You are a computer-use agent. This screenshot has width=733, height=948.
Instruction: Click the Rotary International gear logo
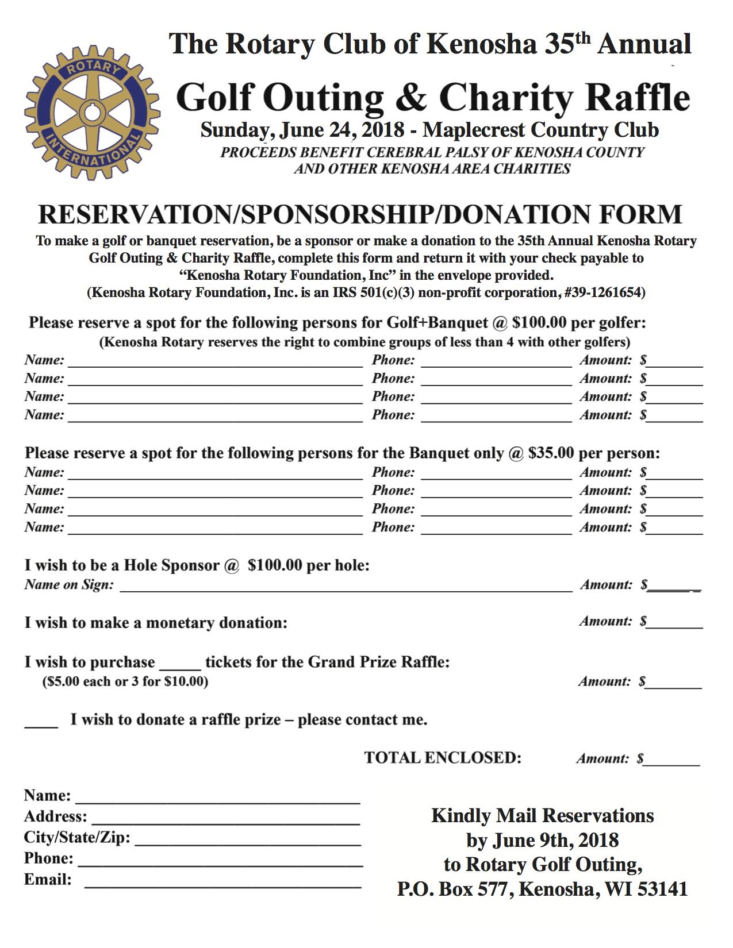92,113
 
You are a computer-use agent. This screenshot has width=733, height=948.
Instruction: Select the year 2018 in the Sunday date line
383,130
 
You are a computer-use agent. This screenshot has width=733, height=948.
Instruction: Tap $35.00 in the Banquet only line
551,453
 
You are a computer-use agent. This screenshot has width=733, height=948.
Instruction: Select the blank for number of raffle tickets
180,665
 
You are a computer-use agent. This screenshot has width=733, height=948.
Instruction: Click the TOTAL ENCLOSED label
443,758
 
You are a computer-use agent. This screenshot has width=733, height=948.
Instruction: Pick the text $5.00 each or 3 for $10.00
125,682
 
